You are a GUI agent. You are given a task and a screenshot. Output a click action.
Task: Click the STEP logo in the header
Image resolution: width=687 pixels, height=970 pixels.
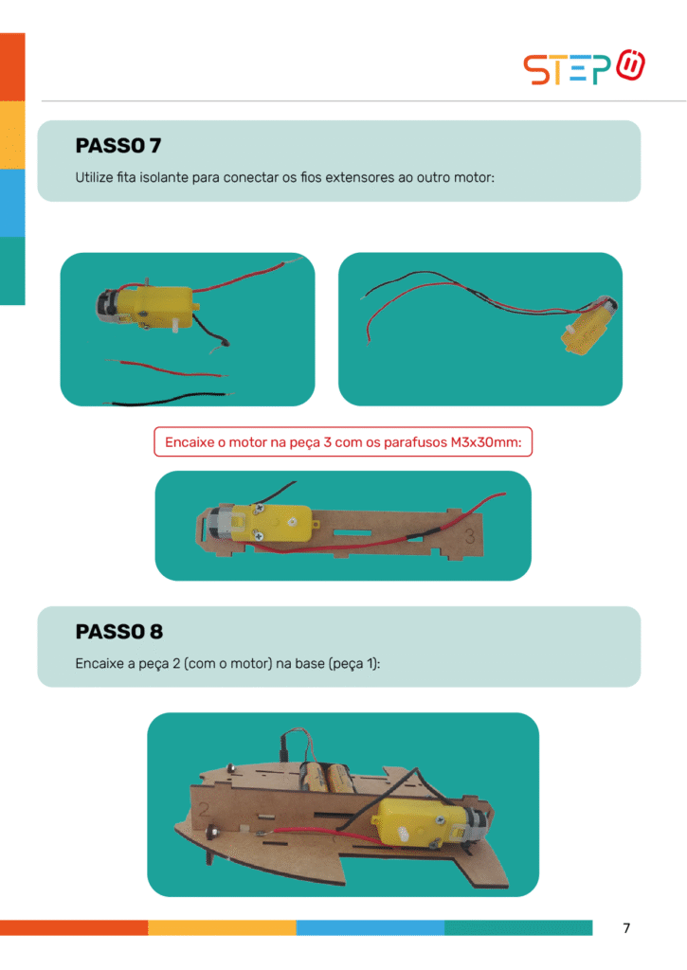coord(584,67)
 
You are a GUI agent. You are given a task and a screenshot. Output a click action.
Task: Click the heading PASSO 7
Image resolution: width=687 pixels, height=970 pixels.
coord(118,145)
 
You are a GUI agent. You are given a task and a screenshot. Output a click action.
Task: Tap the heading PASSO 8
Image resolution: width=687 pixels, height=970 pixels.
coord(118,632)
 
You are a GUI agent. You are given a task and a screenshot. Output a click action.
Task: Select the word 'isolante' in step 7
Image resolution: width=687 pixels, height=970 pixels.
coord(163,177)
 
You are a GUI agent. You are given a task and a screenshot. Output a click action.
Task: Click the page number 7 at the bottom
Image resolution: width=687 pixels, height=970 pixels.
coord(626,928)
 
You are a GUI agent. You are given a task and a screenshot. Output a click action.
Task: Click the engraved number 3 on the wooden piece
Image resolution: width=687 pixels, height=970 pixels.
coord(470,536)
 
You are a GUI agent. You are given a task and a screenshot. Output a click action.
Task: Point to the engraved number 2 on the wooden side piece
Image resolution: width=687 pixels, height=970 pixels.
coord(205,809)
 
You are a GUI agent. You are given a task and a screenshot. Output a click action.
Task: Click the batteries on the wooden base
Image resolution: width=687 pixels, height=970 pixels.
coord(327,779)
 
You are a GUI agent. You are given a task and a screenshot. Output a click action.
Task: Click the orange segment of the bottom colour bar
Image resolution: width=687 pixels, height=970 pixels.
coord(74,927)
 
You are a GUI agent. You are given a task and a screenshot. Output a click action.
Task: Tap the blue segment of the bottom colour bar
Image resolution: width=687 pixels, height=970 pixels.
coord(371,927)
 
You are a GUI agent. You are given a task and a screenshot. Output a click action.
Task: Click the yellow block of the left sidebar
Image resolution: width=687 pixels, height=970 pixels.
coord(12,135)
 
